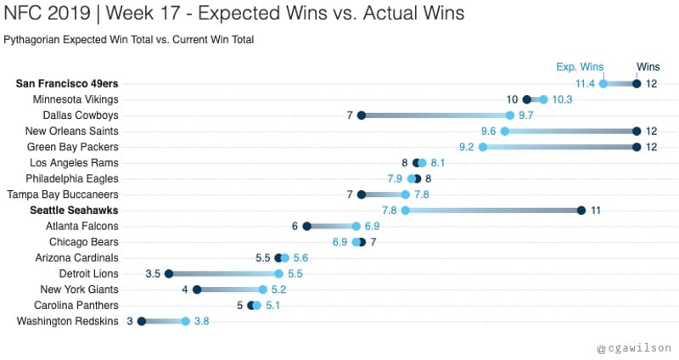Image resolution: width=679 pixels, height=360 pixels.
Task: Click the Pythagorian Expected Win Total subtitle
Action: coord(128,40)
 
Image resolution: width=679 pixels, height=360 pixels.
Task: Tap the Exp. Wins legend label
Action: coord(579,67)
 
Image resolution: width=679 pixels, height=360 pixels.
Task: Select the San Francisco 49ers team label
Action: coord(67,83)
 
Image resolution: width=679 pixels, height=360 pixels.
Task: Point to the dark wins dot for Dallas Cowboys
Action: coord(362,115)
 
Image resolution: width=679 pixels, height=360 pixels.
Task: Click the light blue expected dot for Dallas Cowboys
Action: coord(509,115)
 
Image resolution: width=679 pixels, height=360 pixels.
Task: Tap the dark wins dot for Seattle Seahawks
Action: coord(581,210)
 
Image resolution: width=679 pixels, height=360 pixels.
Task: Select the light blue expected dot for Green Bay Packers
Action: coord(483,147)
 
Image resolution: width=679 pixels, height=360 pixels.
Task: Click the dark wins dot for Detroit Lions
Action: coord(169,273)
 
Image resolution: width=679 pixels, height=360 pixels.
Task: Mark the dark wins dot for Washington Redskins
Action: coord(142,321)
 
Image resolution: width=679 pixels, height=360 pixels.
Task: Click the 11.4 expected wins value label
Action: coord(585,83)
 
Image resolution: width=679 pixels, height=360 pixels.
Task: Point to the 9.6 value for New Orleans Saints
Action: coord(488,131)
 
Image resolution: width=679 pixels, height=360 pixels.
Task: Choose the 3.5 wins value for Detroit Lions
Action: coord(153,273)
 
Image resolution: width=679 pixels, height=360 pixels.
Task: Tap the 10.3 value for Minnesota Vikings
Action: coord(563,99)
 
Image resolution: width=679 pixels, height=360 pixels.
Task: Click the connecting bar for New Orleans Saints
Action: coord(570,131)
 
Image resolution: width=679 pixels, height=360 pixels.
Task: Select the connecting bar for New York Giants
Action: coord(229,290)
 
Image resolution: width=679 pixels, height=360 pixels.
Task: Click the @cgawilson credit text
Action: coord(633,348)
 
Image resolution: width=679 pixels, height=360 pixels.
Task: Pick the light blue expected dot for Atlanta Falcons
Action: coord(356,226)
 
